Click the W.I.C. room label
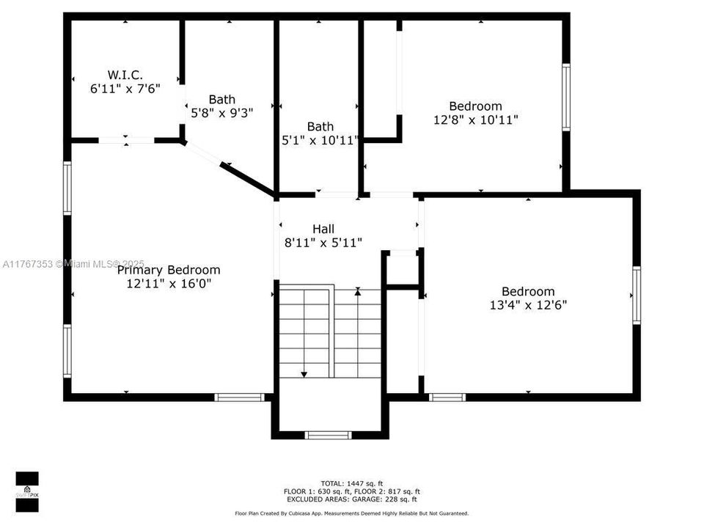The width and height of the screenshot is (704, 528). (x=125, y=75)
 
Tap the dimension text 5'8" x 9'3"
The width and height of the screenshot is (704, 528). (x=222, y=113)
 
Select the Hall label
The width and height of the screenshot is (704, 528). (x=323, y=229)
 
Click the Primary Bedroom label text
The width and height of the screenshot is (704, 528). (x=169, y=270)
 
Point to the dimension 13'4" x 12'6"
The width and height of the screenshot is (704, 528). (x=528, y=304)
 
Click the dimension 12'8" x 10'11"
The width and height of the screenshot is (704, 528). (x=476, y=120)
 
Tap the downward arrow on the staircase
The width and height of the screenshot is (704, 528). (x=304, y=374)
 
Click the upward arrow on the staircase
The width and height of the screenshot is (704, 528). (x=358, y=292)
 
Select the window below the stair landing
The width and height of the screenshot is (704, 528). (x=329, y=435)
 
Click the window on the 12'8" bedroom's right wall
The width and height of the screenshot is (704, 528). (x=566, y=98)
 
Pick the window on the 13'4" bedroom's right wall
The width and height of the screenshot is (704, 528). (x=637, y=296)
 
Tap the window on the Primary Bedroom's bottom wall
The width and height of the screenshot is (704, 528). (x=239, y=397)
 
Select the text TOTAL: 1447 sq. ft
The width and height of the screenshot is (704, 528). (x=352, y=483)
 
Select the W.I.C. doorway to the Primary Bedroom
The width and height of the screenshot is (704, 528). (x=126, y=140)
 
